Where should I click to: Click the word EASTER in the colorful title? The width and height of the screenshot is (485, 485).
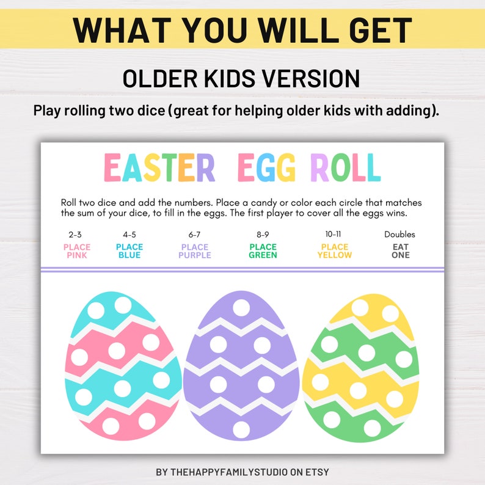(x=159, y=168)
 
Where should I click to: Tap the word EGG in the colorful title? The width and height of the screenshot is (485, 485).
(x=267, y=168)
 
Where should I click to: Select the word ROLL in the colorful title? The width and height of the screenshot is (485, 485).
(x=345, y=168)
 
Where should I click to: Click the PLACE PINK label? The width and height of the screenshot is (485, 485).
(x=77, y=251)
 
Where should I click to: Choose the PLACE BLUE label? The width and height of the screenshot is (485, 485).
(x=129, y=251)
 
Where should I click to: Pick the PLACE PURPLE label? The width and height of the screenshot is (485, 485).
(x=195, y=251)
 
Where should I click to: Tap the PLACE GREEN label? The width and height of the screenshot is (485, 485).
(x=263, y=251)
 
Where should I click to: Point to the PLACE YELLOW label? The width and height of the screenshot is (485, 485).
(x=335, y=251)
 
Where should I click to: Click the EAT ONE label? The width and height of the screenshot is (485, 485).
(x=401, y=251)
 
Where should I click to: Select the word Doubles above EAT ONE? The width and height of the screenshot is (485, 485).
(x=399, y=235)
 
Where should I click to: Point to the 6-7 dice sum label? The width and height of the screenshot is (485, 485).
(x=195, y=235)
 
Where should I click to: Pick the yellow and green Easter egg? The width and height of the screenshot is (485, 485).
(x=361, y=366)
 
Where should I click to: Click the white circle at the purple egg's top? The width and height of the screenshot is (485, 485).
(x=241, y=307)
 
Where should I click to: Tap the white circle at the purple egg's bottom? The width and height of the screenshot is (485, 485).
(x=241, y=429)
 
